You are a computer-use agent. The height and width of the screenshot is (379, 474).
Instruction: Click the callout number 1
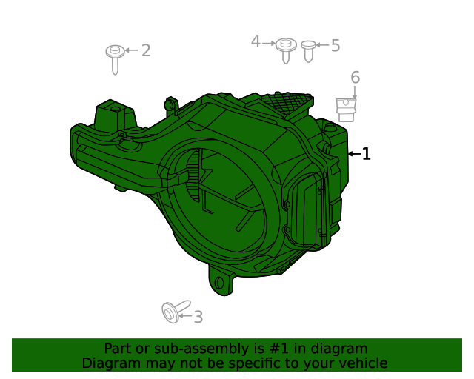(366, 154)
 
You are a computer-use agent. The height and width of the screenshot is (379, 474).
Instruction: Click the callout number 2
(146, 50)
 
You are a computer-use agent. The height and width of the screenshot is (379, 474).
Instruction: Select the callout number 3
(198, 318)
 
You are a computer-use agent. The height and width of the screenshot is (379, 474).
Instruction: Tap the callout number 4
(256, 41)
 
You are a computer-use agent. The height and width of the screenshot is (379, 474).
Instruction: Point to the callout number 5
(335, 46)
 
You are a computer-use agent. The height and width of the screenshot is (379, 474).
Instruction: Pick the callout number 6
(355, 78)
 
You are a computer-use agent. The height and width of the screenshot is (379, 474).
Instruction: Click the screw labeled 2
(114, 58)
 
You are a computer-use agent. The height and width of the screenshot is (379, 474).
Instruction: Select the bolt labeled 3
(173, 312)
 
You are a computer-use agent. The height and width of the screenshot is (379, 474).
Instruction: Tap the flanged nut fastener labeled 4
(285, 49)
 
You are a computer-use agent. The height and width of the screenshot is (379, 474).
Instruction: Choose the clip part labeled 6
(346, 110)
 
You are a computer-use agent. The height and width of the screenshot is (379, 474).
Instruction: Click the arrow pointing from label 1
(353, 154)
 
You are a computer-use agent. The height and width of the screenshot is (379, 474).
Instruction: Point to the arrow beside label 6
(355, 93)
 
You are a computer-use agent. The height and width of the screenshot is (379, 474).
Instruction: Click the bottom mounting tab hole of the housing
(219, 282)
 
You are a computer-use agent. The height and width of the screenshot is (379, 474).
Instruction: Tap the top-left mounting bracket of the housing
(115, 117)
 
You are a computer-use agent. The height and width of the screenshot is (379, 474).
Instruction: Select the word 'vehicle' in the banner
(361, 363)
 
